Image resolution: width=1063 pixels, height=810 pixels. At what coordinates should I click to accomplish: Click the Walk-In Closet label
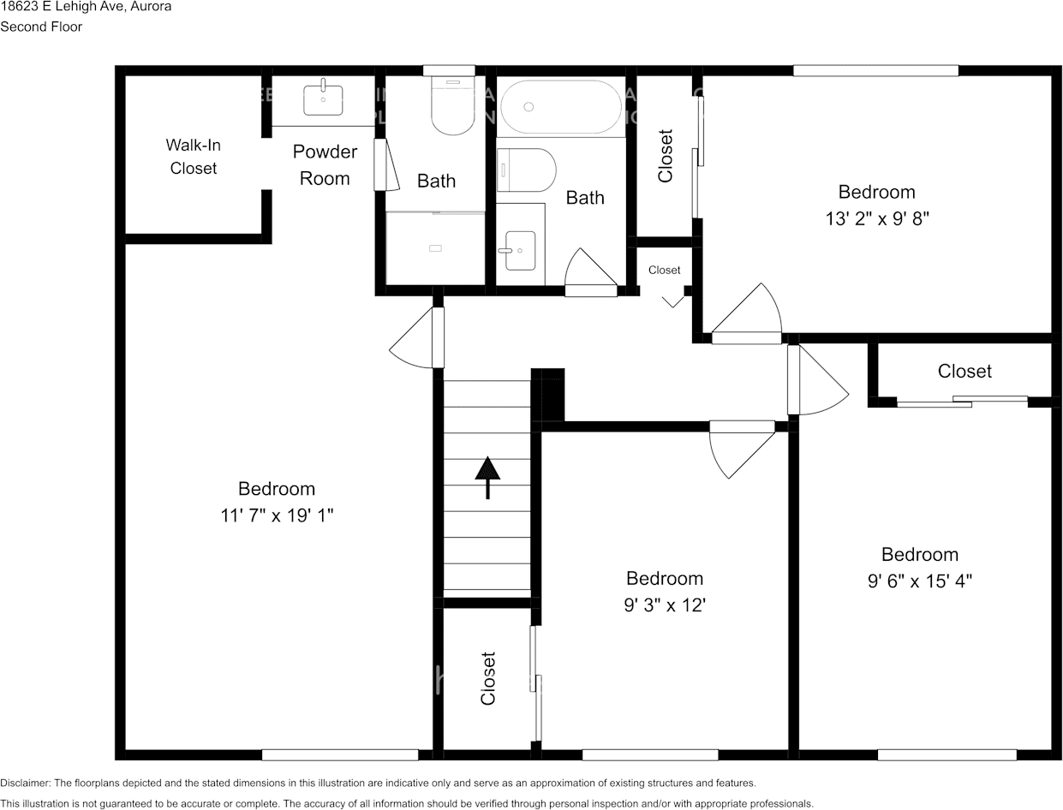[x=193, y=157]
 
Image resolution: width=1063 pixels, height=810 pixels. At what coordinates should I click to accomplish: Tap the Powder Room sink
[x=324, y=98]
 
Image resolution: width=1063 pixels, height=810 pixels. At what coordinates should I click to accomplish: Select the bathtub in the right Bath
[x=561, y=107]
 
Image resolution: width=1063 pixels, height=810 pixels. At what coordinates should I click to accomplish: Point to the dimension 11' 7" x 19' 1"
[x=276, y=516]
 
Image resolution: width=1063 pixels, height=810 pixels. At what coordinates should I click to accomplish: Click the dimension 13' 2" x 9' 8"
[x=876, y=218]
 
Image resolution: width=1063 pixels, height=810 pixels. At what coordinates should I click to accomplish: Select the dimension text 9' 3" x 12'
[x=664, y=605]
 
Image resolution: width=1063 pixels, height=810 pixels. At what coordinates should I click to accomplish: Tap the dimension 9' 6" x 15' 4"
[x=919, y=581]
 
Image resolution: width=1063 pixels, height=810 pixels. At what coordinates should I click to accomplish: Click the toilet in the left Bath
[x=453, y=106]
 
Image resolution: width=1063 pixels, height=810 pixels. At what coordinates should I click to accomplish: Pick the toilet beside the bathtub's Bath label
[x=527, y=170]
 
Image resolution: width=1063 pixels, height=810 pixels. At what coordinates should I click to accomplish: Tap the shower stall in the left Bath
[x=435, y=248]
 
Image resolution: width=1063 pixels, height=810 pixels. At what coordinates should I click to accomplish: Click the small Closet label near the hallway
[x=664, y=270]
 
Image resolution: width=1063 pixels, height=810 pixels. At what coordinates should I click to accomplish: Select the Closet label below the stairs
[x=488, y=678]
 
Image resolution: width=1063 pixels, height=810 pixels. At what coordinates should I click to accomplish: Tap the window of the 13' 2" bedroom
[x=875, y=70]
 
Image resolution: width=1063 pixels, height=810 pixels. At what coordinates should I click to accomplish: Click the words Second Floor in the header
[x=41, y=27]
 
